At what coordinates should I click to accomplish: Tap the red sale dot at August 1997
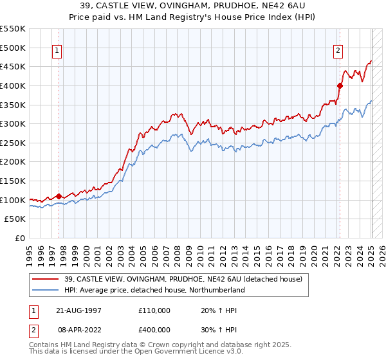59,196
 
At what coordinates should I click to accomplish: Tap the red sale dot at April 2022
340,85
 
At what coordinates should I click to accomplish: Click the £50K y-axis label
15,219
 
